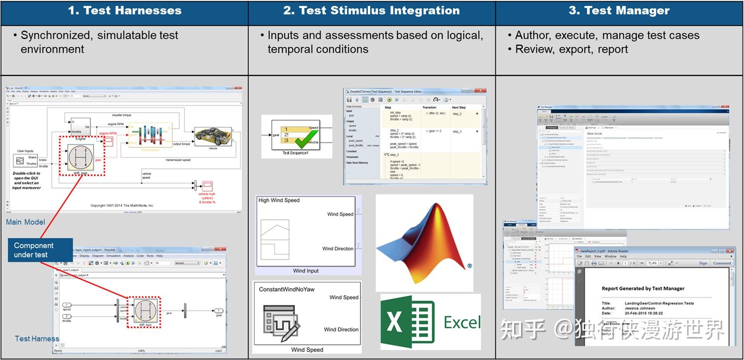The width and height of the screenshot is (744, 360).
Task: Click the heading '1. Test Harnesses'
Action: (124, 10)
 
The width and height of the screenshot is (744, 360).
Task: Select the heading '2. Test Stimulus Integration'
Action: (372, 10)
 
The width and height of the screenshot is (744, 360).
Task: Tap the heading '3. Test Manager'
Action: (619, 10)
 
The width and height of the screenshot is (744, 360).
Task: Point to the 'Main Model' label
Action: (25, 222)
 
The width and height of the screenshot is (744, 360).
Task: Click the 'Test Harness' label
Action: (37, 339)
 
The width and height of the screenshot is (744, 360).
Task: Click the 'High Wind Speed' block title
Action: (279, 200)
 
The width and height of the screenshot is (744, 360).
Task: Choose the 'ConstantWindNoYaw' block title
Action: (287, 289)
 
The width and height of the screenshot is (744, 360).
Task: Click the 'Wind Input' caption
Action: (306, 271)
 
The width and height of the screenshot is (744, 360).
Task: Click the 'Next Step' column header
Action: (459, 107)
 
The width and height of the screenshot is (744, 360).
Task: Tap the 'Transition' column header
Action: (429, 107)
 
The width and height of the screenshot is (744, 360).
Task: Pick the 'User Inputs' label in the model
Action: (25, 151)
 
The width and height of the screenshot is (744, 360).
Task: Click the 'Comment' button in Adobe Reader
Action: (722, 263)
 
